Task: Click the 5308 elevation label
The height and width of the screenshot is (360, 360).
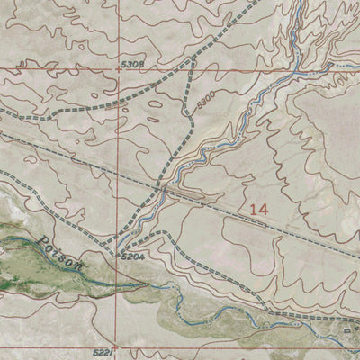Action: [x=132, y=66]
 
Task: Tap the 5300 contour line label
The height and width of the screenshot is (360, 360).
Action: [x=204, y=94]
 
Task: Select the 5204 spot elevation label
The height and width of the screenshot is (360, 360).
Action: [x=134, y=257]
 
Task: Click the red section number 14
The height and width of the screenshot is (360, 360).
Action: [x=259, y=209]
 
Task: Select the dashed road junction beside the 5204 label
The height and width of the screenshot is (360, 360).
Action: [x=118, y=252]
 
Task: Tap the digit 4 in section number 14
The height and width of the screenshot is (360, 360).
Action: [x=264, y=209]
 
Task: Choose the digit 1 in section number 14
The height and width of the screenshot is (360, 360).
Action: [x=254, y=209]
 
